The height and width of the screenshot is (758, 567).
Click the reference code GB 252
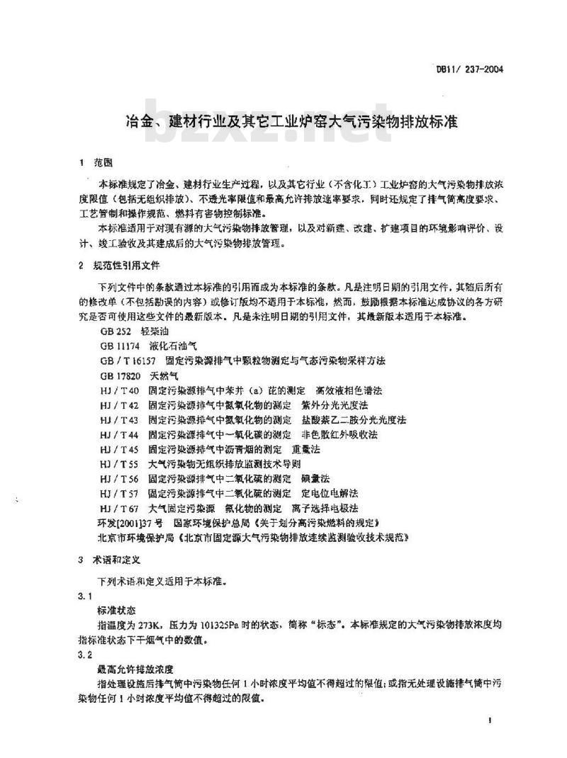coord(114,332)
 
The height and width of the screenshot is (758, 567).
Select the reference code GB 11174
coord(118,346)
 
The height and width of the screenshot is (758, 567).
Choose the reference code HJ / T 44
coord(120,434)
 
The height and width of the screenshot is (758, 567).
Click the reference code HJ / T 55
coord(120,464)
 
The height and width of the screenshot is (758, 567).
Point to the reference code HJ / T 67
coord(120,508)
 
